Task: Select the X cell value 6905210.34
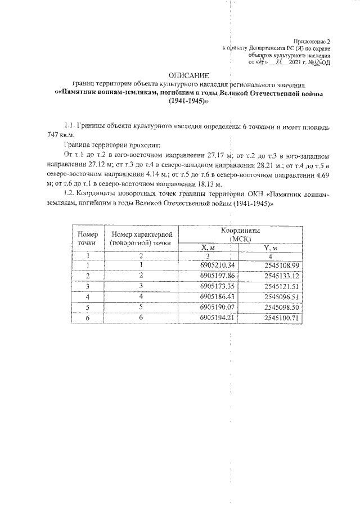(x=217, y=265)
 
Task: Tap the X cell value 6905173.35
(x=217, y=286)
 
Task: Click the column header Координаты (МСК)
(x=243, y=235)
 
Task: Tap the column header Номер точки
(x=87, y=238)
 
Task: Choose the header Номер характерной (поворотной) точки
(x=141, y=238)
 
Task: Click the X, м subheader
(x=209, y=248)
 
